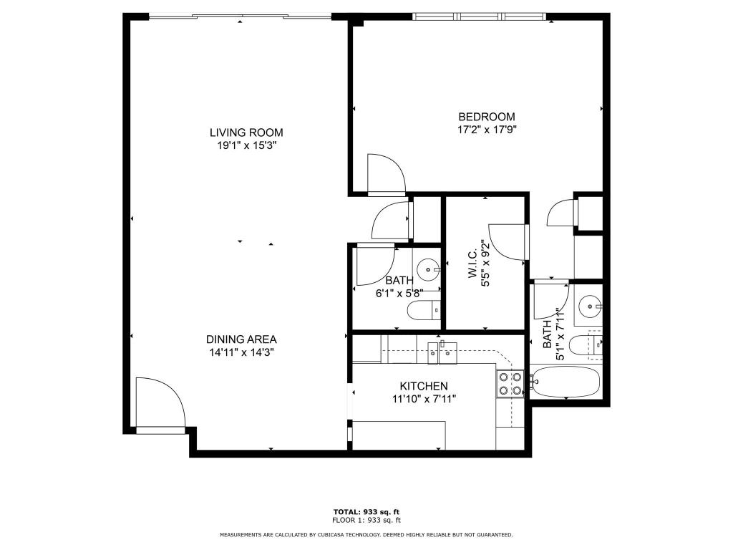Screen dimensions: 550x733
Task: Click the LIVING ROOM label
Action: (246, 132)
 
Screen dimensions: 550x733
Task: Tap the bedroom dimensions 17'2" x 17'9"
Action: (487, 130)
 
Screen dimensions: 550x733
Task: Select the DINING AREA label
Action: (241, 339)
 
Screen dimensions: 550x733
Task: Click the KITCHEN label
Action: (424, 386)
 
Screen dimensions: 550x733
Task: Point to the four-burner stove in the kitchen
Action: (510, 384)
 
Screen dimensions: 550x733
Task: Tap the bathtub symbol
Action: (566, 383)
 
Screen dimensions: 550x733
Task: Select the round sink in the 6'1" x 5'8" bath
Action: (429, 271)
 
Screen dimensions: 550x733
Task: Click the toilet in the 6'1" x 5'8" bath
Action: (422, 312)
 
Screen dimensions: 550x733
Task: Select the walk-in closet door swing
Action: (508, 242)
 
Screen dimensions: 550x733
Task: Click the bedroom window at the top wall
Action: (480, 16)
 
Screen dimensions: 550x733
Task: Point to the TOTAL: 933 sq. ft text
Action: (366, 511)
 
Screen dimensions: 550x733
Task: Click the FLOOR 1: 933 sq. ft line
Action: (366, 520)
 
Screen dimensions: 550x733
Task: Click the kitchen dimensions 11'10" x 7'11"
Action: (424, 399)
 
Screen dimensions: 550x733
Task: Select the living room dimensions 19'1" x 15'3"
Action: (246, 145)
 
